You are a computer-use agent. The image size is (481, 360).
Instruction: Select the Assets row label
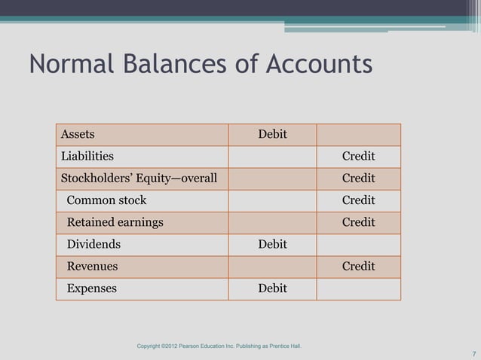tap(78, 135)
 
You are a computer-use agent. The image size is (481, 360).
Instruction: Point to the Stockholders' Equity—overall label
tap(139, 178)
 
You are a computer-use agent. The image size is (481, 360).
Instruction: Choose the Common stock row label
tap(107, 200)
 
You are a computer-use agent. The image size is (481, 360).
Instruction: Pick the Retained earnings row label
tap(115, 222)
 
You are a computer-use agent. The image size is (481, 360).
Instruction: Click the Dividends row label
tap(93, 244)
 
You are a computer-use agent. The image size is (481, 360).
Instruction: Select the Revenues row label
tap(93, 266)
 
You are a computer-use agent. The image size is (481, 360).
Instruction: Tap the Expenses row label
tap(92, 288)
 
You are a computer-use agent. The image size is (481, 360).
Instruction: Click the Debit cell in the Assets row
tap(272, 135)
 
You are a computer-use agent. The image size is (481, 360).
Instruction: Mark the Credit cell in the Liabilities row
tap(359, 157)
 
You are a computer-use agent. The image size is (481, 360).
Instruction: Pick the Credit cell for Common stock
tap(359, 200)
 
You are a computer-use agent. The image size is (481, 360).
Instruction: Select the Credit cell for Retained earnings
tap(359, 222)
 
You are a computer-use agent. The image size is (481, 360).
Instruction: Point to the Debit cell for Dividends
tap(272, 244)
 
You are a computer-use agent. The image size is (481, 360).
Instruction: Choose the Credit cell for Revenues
tap(359, 266)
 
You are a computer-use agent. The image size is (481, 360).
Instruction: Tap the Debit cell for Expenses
tap(272, 288)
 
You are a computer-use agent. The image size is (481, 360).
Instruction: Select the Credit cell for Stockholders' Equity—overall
tap(359, 178)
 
